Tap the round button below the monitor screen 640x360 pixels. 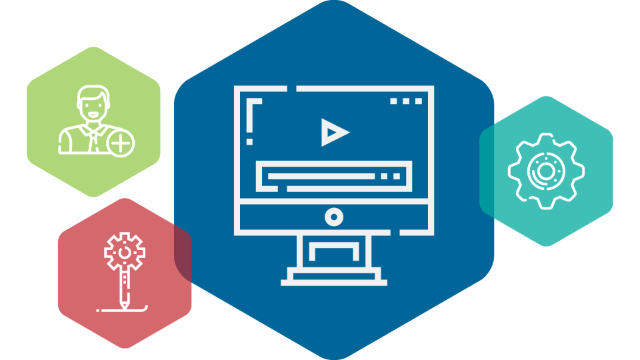[x=334, y=217]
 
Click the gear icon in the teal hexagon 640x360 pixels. [x=546, y=171]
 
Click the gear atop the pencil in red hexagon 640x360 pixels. [x=124, y=251]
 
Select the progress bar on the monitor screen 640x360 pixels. [x=321, y=177]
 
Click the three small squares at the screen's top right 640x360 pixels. [x=406, y=101]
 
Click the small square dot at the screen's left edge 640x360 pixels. [x=250, y=141]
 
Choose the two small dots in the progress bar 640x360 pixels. [x=391, y=177]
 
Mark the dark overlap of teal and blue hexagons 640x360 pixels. [x=487, y=171]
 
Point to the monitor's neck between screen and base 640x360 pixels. [x=334, y=251]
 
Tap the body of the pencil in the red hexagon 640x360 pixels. [x=124, y=283]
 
